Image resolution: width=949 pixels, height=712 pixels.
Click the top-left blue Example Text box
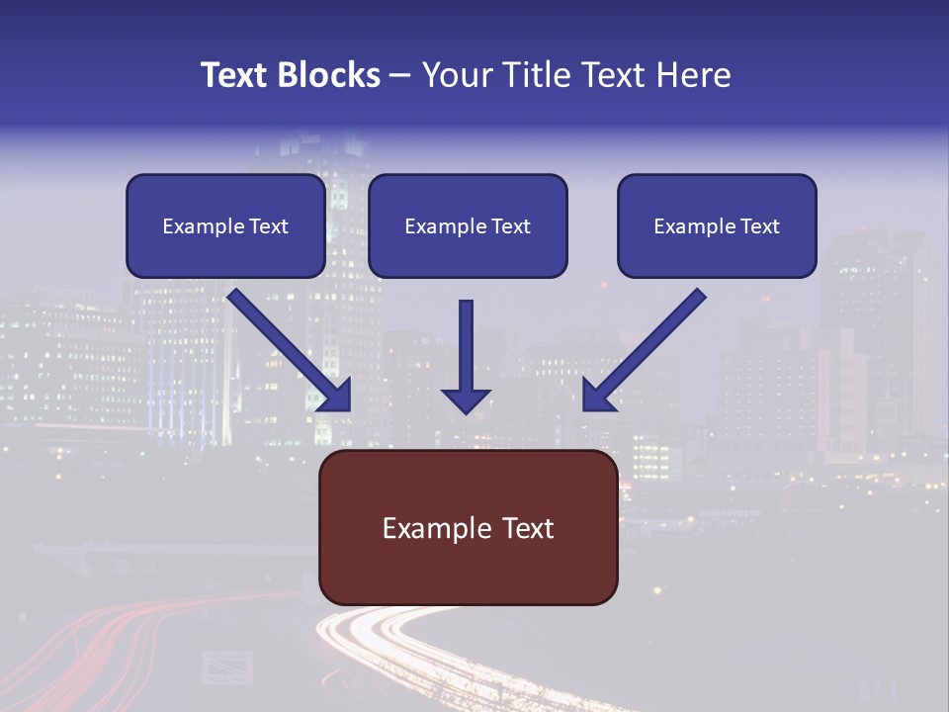click(225, 225)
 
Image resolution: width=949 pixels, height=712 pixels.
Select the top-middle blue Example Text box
click(468, 225)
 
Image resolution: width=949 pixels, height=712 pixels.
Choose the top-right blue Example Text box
click(717, 225)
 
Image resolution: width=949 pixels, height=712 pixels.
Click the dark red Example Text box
click(469, 528)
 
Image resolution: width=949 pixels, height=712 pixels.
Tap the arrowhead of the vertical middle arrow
click(466, 400)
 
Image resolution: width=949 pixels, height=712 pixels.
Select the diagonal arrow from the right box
click(644, 350)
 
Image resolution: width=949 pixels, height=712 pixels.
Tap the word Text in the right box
click(760, 226)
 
